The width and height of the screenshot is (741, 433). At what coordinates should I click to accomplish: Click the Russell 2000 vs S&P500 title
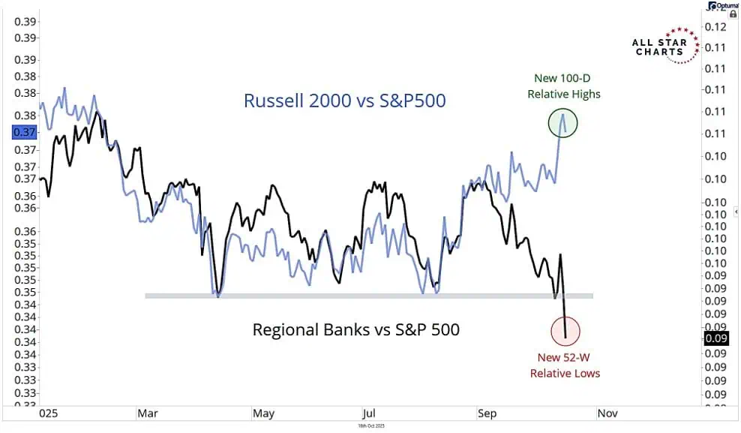[x=345, y=101]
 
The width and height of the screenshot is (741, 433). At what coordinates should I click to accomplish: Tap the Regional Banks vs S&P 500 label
[x=355, y=329]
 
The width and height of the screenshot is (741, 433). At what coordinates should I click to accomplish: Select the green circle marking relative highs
[x=567, y=123]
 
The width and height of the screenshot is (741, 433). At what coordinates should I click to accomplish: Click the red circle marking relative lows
[x=568, y=329]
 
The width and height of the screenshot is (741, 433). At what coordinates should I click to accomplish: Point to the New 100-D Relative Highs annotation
[x=563, y=86]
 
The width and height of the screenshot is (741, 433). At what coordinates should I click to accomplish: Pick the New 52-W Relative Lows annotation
[x=565, y=365]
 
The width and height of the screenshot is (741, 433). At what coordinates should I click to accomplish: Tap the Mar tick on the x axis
[x=146, y=413]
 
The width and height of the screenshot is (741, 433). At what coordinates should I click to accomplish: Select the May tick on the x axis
[x=262, y=413]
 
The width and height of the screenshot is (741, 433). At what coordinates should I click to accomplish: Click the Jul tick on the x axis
[x=368, y=413]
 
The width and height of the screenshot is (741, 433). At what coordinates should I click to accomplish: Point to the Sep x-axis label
[x=487, y=413]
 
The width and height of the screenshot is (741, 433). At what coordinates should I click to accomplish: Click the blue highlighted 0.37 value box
[x=23, y=132]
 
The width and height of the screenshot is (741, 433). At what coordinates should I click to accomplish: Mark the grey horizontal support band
[x=367, y=296]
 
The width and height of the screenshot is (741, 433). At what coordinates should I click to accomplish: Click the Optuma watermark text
[x=724, y=5]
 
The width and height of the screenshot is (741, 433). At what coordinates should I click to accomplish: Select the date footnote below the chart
[x=371, y=425]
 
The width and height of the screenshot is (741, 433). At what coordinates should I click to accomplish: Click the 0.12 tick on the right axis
[x=716, y=27]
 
